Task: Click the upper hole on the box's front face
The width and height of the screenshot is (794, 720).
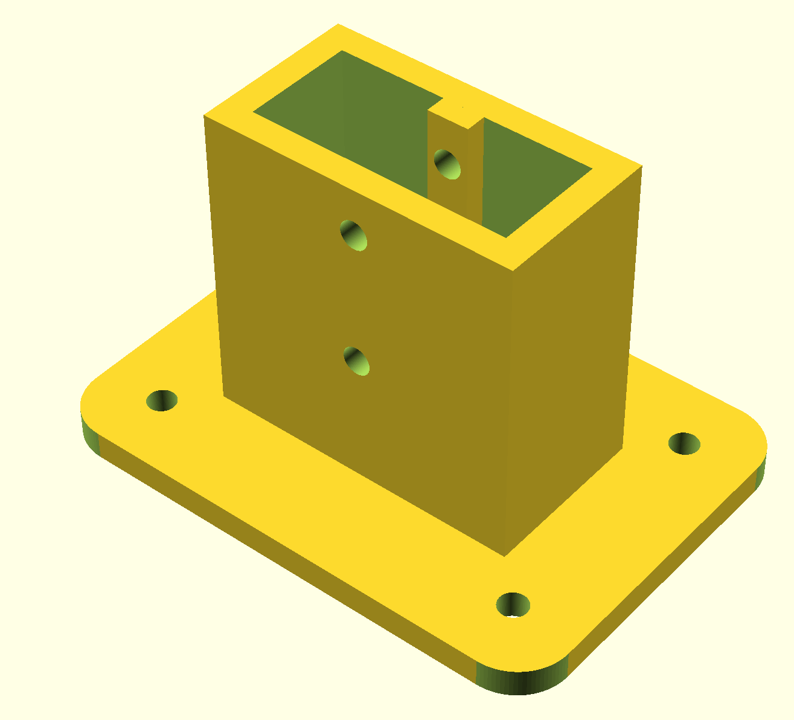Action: (x=354, y=235)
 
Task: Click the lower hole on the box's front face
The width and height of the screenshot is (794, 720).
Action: (x=356, y=361)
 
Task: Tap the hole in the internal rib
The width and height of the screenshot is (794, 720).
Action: (x=447, y=164)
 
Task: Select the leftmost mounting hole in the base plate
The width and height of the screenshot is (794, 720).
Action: (x=162, y=400)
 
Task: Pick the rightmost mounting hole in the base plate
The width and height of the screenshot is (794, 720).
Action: (x=685, y=443)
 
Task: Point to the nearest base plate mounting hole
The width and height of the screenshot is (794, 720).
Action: (x=513, y=605)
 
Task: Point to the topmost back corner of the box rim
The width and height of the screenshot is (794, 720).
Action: (x=338, y=25)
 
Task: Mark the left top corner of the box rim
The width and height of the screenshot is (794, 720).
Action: (x=205, y=115)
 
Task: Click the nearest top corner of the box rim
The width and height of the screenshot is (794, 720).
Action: (x=513, y=269)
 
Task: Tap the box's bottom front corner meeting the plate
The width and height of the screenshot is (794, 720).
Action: (x=505, y=554)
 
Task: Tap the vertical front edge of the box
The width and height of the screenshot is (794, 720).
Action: (x=510, y=411)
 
